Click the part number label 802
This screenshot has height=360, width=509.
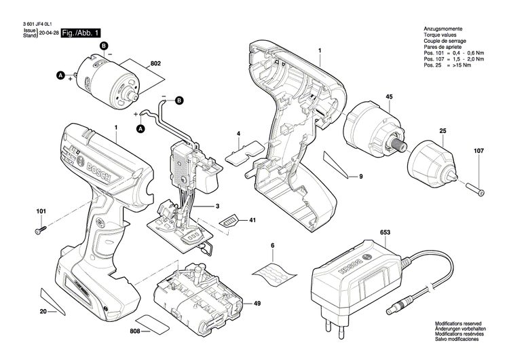[x=155, y=63]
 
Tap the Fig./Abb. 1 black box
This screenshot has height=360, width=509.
[x=81, y=33]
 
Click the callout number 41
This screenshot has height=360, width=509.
[x=252, y=221]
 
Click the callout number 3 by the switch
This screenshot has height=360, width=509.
[x=216, y=205]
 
